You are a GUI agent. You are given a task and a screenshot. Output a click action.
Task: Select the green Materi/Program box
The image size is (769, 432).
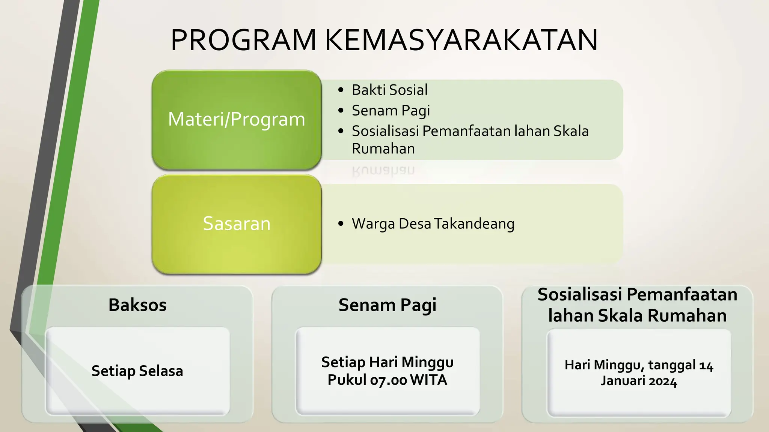[237, 120]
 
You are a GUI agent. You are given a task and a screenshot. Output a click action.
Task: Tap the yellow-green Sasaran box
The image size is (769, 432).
[237, 224]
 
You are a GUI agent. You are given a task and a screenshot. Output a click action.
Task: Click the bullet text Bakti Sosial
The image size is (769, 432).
[389, 90]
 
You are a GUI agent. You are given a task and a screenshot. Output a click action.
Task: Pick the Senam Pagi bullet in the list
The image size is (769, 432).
[391, 111]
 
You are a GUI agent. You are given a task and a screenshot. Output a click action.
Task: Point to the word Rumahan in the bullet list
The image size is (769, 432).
[383, 149]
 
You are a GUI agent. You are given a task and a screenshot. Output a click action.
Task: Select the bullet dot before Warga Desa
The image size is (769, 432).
[341, 224]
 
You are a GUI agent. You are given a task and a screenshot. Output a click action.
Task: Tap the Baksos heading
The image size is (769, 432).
[137, 305]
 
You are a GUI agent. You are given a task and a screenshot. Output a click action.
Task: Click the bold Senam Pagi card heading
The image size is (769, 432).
[387, 305]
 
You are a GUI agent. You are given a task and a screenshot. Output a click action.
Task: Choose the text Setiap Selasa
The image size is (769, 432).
[137, 371]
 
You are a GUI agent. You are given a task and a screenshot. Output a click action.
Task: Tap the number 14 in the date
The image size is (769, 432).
[706, 365]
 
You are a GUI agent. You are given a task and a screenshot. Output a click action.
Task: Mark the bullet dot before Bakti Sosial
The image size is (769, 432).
[341, 90]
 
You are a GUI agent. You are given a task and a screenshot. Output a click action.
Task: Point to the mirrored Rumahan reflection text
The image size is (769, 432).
[383, 171]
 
